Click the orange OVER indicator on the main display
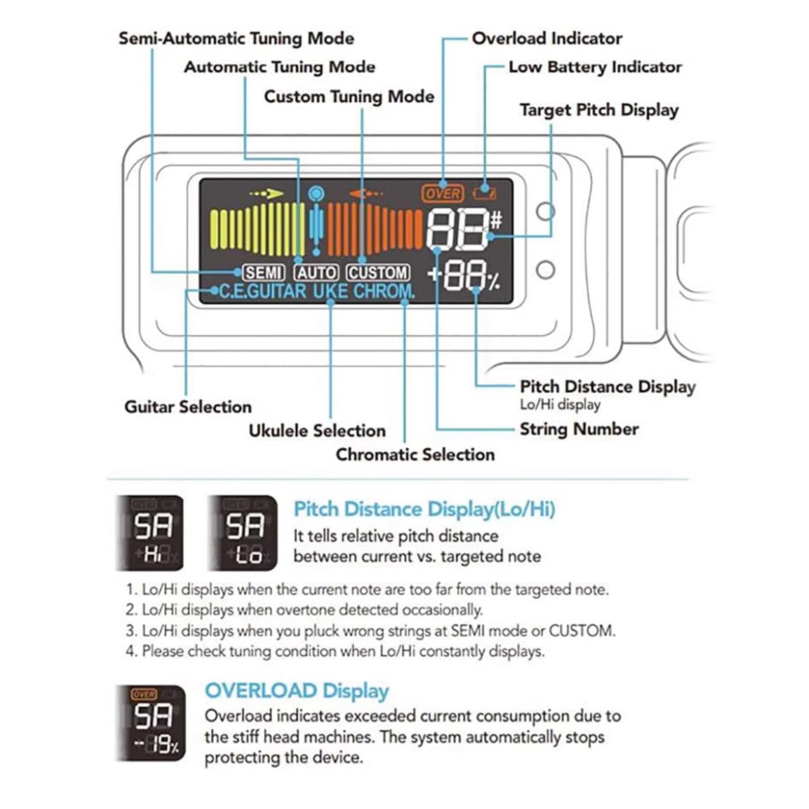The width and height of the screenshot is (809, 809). click(x=442, y=194)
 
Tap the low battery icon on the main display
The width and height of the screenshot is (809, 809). click(x=484, y=193)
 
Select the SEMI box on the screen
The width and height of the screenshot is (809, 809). click(x=263, y=273)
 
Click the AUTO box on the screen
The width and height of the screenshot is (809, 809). click(x=316, y=273)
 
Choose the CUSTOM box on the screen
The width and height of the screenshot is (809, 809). click(x=378, y=273)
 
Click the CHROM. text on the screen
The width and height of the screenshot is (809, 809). click(x=384, y=292)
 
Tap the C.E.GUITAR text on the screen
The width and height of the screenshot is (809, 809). click(x=263, y=292)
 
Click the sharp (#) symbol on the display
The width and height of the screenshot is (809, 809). click(x=496, y=220)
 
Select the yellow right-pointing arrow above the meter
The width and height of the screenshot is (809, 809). click(x=267, y=194)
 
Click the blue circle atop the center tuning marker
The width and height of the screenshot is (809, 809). click(x=316, y=193)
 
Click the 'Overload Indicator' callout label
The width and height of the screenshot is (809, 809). click(x=547, y=38)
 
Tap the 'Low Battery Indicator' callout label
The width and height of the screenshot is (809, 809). click(x=595, y=67)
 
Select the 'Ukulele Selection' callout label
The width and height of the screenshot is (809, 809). click(x=317, y=431)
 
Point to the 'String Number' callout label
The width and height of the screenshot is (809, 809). click(x=579, y=429)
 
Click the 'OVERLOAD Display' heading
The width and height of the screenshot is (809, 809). click(x=297, y=691)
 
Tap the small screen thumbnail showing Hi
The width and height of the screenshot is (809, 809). click(x=151, y=533)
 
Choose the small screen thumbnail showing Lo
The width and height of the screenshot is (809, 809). click(x=243, y=533)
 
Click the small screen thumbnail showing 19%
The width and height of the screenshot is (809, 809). click(x=151, y=723)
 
